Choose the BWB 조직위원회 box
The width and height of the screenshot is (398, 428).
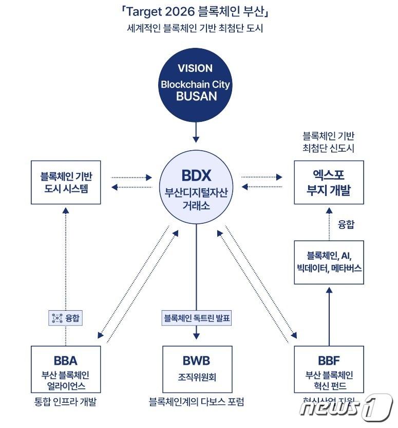pos(197,369)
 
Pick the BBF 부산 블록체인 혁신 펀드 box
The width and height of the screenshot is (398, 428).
pos(329,369)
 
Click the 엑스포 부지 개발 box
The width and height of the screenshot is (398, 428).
pos(329,182)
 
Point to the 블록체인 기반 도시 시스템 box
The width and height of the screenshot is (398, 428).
pos(66,182)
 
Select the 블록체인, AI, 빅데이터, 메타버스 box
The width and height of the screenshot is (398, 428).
pos(329,262)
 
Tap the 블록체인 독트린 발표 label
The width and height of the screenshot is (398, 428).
pos(197,318)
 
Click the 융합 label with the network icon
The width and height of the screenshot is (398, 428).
pos(65,318)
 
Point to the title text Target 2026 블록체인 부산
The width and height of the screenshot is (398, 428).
pos(195,11)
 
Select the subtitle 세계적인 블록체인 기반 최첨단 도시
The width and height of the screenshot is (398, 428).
pos(195,28)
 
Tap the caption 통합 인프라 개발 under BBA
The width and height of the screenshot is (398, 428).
pos(64,402)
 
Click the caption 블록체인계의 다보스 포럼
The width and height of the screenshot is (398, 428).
pos(196,402)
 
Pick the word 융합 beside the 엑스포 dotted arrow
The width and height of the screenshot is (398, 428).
pos(346,224)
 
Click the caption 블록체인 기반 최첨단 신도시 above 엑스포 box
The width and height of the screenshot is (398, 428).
pos(329,142)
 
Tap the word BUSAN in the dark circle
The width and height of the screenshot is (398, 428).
pos(195,96)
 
